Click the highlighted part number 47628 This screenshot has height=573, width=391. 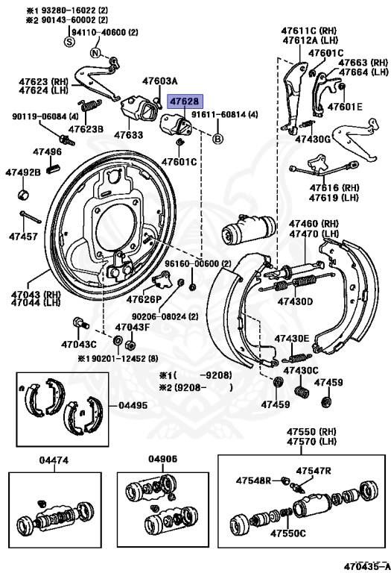[184, 100]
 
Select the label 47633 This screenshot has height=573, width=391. [128, 135]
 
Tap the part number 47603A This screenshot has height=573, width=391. [160, 81]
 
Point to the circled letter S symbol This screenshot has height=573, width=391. [69, 43]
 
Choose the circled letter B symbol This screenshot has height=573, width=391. [218, 139]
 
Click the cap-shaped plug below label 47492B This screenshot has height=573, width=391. [24, 195]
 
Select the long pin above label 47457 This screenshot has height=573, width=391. [29, 219]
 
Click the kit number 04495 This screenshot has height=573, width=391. [133, 406]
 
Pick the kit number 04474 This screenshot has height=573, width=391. [54, 460]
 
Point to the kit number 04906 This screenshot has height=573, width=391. [162, 460]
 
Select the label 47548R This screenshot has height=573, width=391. [254, 480]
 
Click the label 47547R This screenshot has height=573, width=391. [313, 471]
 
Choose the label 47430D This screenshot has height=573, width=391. [295, 301]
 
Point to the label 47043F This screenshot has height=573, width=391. [132, 327]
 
